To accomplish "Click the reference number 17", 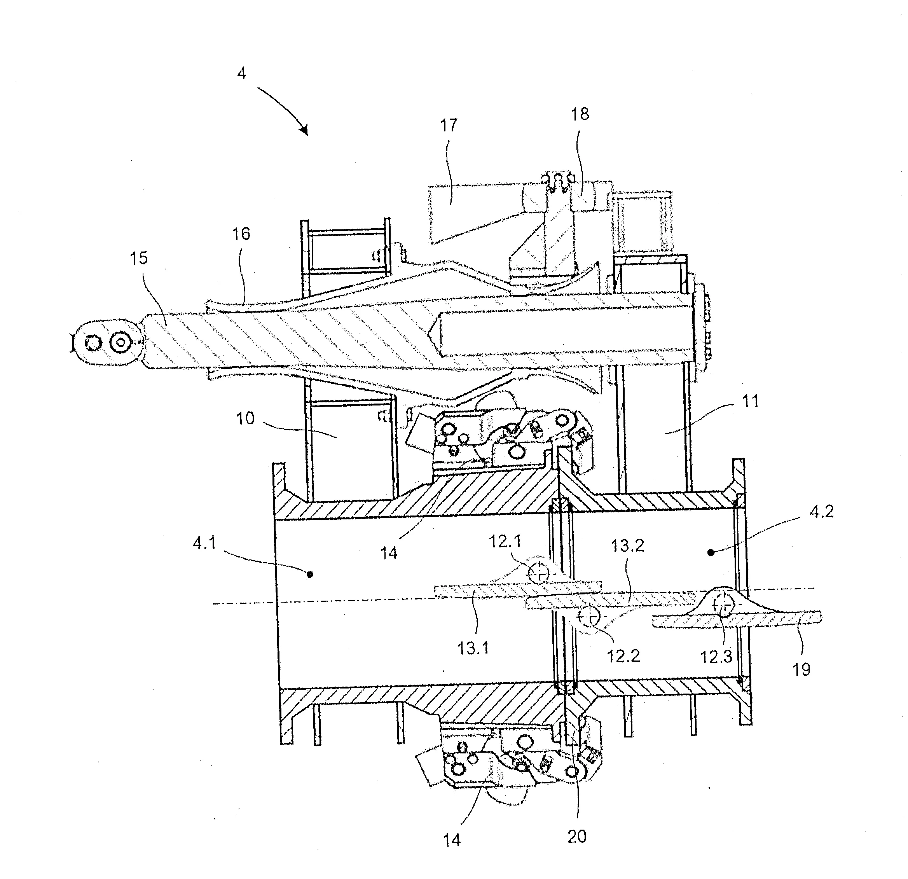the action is click(449, 125).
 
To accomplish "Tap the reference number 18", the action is click(580, 114).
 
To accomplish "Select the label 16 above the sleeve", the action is click(241, 234).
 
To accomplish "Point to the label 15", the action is click(138, 258).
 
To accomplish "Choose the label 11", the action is click(751, 401).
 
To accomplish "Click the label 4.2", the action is click(822, 512).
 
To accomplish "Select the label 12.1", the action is click(505, 541).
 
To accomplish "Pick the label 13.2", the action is click(628, 546).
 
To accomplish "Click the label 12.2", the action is click(623, 656).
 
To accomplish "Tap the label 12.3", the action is click(716, 657).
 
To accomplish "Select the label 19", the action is click(801, 669).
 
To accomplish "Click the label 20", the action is click(577, 836).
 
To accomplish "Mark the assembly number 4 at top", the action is click(241, 73).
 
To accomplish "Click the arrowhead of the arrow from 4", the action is click(304, 130).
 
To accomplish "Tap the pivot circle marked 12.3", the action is click(722, 604).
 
